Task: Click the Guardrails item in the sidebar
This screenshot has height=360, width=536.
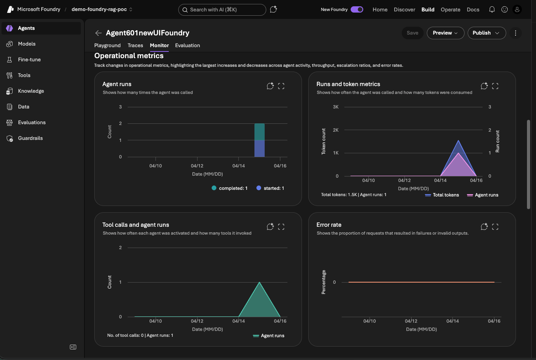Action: (x=30, y=138)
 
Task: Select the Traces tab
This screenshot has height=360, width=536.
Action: (x=135, y=46)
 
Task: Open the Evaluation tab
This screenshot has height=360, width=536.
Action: (x=187, y=46)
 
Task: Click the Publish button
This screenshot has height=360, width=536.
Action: (x=486, y=33)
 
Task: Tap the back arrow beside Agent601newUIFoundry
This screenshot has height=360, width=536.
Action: (x=99, y=33)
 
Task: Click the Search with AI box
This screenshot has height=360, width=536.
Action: (x=222, y=10)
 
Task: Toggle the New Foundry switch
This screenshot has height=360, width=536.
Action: (x=357, y=10)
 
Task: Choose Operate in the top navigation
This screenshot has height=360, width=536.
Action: (x=450, y=10)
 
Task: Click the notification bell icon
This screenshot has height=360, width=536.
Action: (x=492, y=10)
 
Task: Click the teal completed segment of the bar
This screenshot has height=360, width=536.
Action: (x=259, y=132)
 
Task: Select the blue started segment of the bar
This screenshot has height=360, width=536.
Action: (x=259, y=149)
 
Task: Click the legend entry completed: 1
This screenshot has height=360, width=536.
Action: (x=230, y=188)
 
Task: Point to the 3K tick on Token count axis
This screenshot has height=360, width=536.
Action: (x=335, y=107)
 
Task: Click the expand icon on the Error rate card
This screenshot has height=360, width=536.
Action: (x=495, y=227)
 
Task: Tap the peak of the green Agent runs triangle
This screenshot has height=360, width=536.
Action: (x=259, y=283)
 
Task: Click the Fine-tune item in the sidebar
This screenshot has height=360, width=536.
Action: (x=29, y=60)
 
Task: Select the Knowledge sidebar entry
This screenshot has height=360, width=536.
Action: (x=31, y=91)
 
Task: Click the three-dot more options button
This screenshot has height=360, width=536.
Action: (x=516, y=33)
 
